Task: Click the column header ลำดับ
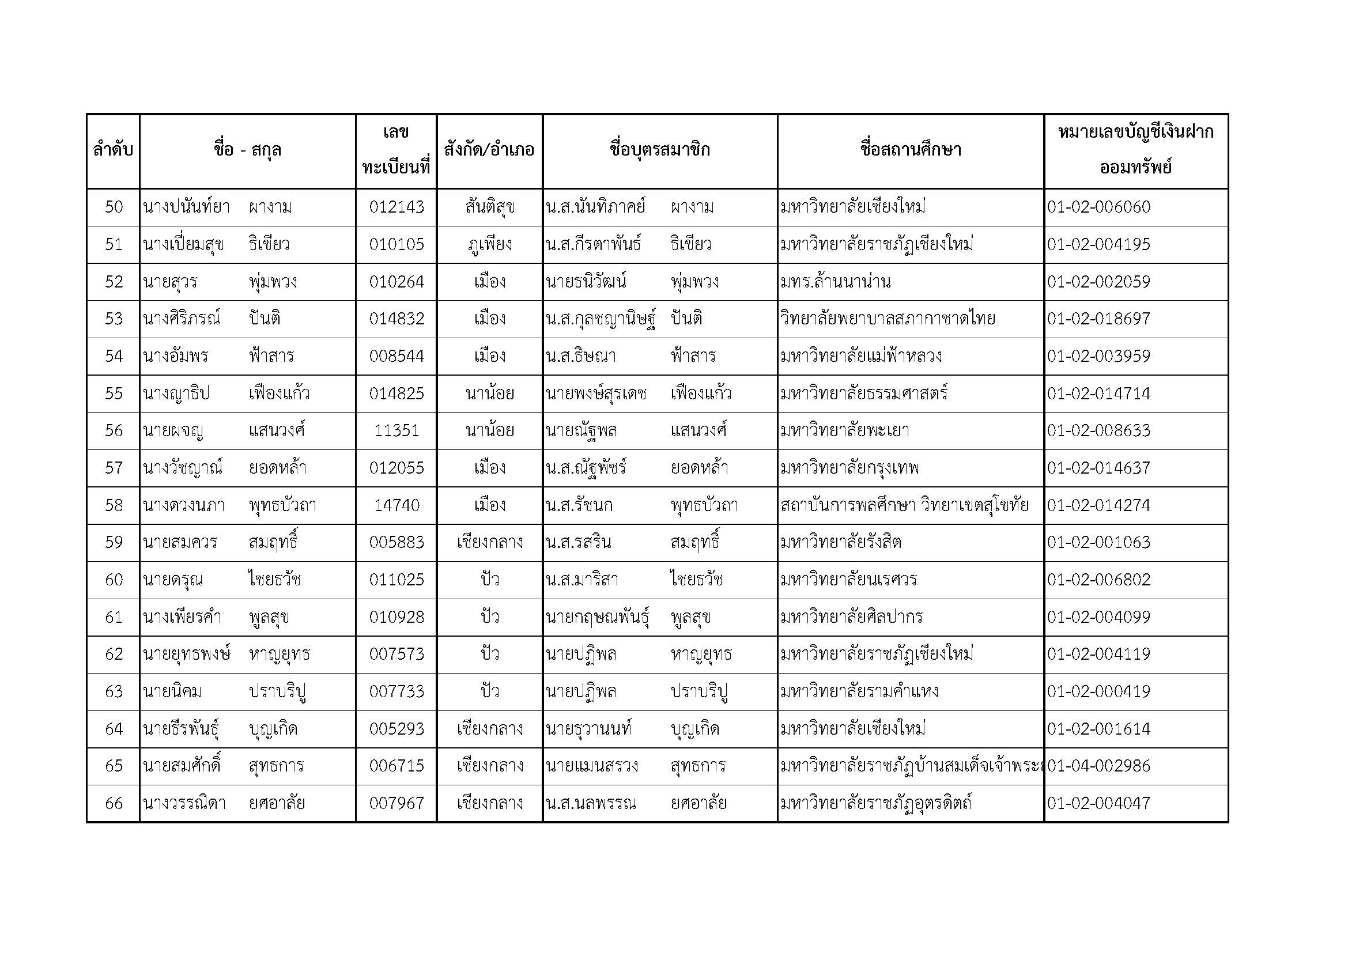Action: (x=113, y=150)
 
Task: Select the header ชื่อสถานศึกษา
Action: (x=910, y=150)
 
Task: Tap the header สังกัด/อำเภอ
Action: (x=489, y=150)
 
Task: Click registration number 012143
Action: (x=397, y=207)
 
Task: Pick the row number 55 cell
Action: (x=114, y=393)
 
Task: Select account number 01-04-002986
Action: (x=1098, y=766)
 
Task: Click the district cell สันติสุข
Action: (x=489, y=207)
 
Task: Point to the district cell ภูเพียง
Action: (x=489, y=244)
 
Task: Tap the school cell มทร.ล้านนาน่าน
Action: (x=835, y=282)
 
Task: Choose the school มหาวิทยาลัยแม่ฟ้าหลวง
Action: (x=860, y=356)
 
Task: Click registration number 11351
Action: (x=397, y=431)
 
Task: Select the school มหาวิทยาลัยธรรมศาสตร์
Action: (x=864, y=393)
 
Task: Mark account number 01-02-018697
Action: (x=1098, y=319)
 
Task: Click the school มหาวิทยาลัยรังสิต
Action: (x=841, y=542)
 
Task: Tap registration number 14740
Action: (x=397, y=505)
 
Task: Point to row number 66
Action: (x=114, y=803)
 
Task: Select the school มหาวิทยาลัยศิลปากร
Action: (x=851, y=617)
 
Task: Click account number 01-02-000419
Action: (x=1098, y=691)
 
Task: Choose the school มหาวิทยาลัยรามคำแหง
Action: (x=859, y=691)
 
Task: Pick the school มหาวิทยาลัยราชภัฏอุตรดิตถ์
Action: (x=875, y=803)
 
